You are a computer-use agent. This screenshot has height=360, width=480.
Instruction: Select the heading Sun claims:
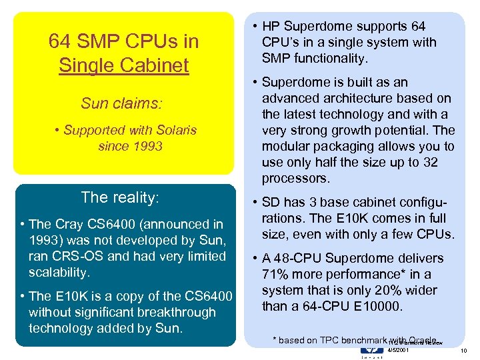(x=122, y=103)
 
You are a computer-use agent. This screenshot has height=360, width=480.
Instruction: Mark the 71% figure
(x=276, y=274)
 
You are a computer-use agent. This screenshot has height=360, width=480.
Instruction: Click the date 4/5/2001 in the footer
(x=399, y=350)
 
